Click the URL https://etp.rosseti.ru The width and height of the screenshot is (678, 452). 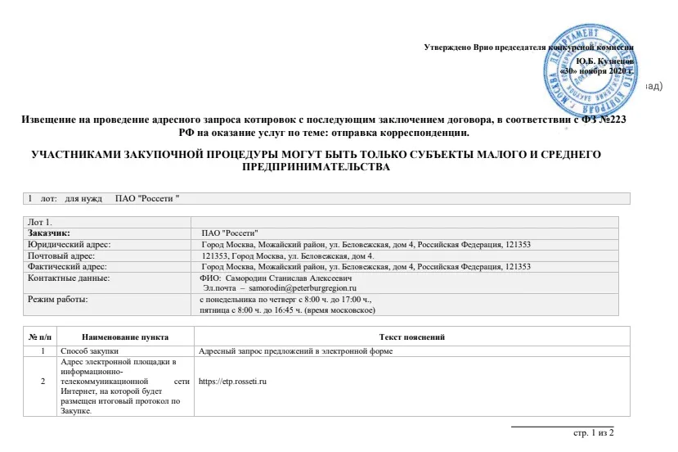234,382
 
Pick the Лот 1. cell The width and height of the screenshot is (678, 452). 40,222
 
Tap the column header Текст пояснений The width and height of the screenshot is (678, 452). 411,337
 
